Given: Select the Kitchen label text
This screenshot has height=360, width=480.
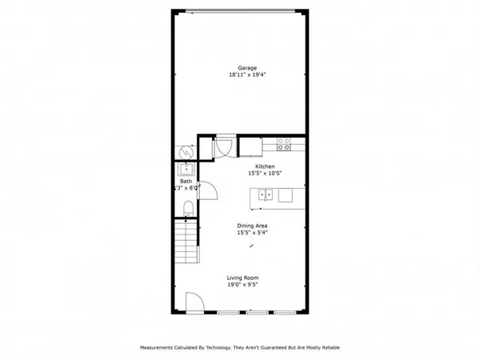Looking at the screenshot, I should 265,166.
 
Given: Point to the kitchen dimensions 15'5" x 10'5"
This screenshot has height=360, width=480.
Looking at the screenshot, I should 265,174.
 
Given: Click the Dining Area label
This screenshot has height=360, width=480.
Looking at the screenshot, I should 252,226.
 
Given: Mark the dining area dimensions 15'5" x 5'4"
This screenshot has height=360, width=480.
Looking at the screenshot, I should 252,234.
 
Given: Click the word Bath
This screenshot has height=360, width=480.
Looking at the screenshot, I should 186,181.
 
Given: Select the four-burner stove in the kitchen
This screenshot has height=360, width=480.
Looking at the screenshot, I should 283,145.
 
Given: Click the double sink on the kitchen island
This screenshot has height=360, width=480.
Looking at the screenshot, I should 266,194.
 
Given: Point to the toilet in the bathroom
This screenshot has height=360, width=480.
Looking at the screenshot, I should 186,208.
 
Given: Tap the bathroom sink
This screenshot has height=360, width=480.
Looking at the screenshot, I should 186,169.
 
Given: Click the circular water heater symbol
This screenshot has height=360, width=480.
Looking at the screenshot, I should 186,150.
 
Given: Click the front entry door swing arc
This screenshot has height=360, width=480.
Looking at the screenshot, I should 194,302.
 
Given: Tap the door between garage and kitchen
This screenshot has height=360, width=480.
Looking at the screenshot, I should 223,146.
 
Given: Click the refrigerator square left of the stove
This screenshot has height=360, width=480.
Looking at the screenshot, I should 250,146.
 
